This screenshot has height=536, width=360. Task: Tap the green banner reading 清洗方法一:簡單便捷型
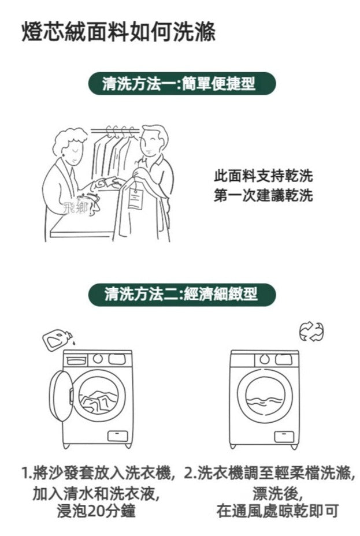coord(182,83)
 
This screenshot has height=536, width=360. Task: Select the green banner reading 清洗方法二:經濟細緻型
coord(182,295)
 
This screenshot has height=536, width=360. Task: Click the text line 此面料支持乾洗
coord(263,176)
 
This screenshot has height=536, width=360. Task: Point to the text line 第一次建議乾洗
coord(263,195)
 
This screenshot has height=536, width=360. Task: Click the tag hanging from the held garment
coord(135,199)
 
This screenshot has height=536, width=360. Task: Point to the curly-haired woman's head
coord(70,146)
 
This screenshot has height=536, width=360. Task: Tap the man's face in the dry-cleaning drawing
coord(152,144)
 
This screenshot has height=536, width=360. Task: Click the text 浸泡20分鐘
coord(96,511)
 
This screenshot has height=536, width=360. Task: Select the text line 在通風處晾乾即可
coord(277,511)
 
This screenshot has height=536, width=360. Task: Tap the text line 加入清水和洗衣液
coord(96,493)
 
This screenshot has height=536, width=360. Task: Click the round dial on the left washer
coord(98,359)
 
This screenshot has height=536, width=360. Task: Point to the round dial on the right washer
coord(264,359)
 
